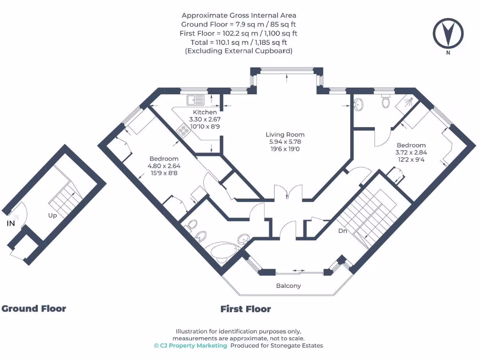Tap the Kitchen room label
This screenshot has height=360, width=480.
pos(205,112)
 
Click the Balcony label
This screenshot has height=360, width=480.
pos(288,285)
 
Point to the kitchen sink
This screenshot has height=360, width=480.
pos(195,100)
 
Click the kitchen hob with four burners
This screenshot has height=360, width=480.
pos(183,130)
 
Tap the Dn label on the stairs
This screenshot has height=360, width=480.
pos(343,231)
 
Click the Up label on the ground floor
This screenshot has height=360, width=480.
pos(52,216)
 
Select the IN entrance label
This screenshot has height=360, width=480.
pos(11,224)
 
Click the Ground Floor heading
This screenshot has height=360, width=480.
pos(34,308)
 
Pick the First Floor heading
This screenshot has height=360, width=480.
pos(246,309)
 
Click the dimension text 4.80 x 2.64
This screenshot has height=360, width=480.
pos(164,166)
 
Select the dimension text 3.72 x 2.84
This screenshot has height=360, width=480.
pos(411,152)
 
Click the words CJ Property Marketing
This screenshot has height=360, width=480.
pos(193,345)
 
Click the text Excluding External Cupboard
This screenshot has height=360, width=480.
pos(239,51)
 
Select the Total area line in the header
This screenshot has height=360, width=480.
pos(239,42)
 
